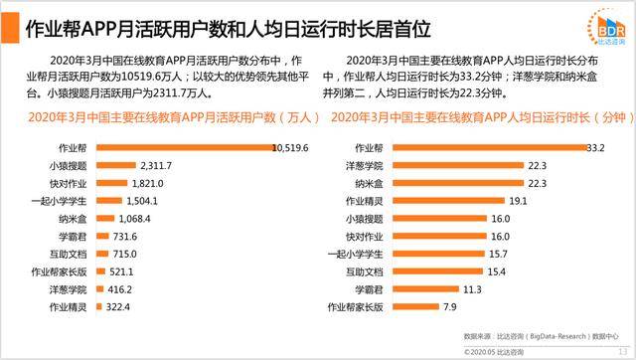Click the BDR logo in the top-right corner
click(x=603, y=23)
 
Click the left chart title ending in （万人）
click(x=169, y=117)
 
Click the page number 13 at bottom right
click(x=622, y=350)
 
